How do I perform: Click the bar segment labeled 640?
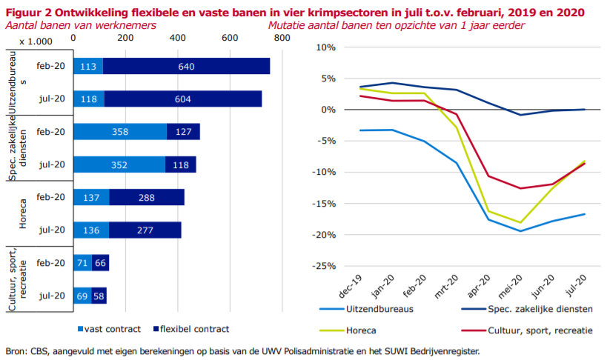pos(186,66)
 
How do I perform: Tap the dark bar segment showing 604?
pos(182,99)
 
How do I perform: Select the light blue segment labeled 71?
pos(82,263)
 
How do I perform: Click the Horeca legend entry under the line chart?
pos(363,330)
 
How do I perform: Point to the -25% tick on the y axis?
pos(325,266)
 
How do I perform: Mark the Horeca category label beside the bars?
pos(22,214)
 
